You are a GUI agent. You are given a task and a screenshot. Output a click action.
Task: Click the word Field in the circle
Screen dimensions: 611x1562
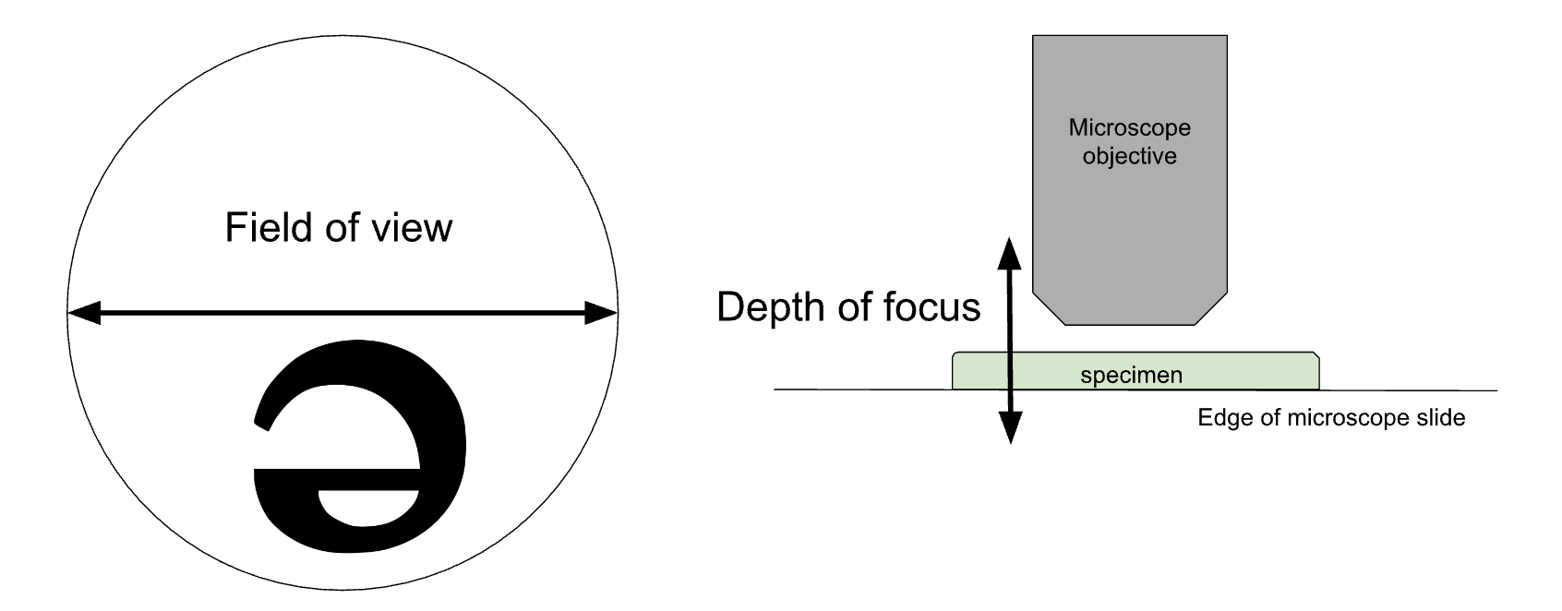(x=261, y=227)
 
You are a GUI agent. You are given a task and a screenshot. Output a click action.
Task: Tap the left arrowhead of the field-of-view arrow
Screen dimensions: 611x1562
(x=83, y=314)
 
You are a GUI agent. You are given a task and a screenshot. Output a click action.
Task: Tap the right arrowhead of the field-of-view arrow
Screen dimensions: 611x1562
(x=601, y=314)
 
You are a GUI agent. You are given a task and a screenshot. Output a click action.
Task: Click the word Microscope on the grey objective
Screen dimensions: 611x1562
(x=1129, y=127)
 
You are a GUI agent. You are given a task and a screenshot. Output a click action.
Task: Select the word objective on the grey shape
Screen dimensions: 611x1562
(x=1129, y=156)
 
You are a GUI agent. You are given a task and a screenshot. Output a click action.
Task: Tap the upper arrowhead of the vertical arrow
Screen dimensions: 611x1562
(x=1011, y=251)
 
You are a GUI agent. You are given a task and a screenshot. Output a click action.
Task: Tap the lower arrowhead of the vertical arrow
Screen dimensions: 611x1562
(x=1011, y=429)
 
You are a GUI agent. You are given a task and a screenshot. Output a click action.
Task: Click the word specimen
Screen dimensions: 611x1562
(x=1131, y=376)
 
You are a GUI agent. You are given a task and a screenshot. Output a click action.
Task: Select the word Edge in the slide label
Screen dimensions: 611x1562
(x=1218, y=418)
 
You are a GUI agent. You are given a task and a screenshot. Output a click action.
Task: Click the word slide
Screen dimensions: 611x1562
(x=1444, y=418)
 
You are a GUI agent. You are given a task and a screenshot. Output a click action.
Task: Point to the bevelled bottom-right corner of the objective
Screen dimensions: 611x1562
(x=1211, y=309)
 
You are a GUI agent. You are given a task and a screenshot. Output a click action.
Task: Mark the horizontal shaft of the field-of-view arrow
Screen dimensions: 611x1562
(x=342, y=314)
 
